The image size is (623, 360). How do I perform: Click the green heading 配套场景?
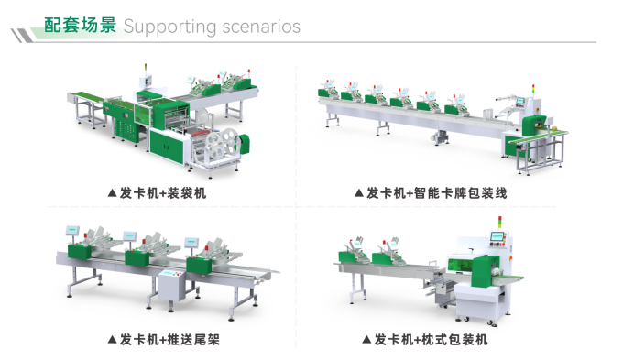tap(80, 25)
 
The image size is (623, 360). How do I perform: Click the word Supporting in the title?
tap(169, 27)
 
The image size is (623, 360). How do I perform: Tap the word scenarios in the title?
tap(261, 27)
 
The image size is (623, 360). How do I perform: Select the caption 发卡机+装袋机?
tap(163, 193)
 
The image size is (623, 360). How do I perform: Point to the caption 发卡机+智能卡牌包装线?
tap(437, 193)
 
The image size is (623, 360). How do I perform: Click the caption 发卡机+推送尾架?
tap(169, 339)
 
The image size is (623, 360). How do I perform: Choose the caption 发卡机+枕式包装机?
tap(431, 339)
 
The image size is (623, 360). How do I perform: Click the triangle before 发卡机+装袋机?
tap(112, 193)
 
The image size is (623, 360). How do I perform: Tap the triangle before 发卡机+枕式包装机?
tap(366, 339)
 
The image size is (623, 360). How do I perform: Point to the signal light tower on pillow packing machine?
tap(500, 222)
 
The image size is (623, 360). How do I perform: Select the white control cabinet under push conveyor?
tap(171, 285)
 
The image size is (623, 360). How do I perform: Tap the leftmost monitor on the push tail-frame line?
tap(72, 230)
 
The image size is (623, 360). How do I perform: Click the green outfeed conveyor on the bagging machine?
tap(84, 96)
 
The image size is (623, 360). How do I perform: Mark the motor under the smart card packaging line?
tap(441, 137)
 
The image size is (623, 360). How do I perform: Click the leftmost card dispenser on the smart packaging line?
tap(329, 90)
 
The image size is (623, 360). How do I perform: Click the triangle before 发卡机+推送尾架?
tap(112, 339)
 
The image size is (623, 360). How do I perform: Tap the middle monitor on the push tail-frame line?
tap(130, 235)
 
